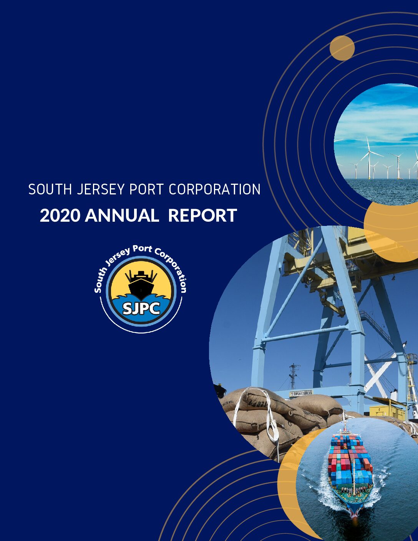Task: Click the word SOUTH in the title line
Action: tap(50, 189)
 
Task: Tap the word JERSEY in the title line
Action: tap(100, 189)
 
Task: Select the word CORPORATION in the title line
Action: tap(215, 189)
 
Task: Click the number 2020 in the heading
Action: tap(60, 216)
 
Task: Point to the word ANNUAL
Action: tap(122, 216)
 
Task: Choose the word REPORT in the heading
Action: tap(202, 216)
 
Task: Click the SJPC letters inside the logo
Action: tap(141, 309)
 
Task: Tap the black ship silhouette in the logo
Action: tap(141, 285)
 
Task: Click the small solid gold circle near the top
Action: tap(342, 48)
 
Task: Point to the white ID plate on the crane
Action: tap(301, 393)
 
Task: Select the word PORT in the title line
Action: tap(146, 189)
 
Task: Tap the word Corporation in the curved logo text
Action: tap(172, 269)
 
